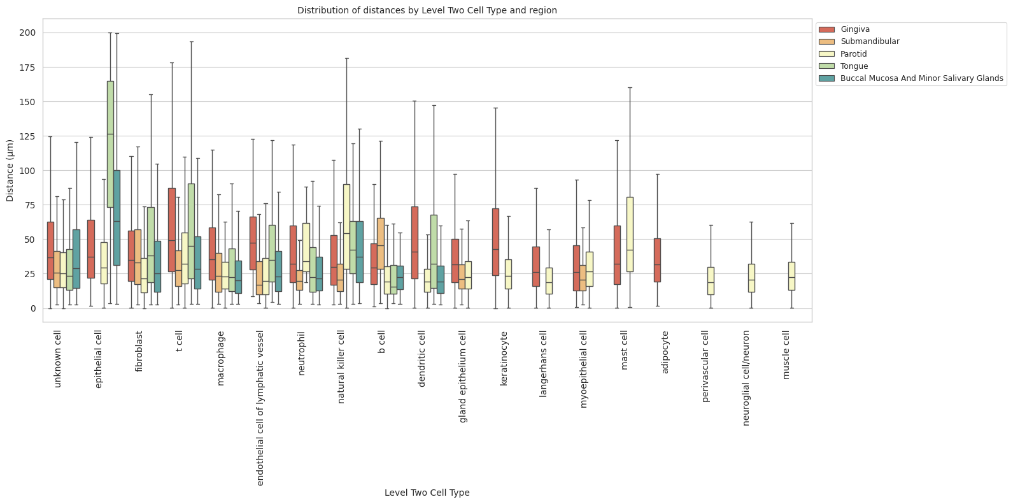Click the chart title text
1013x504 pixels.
point(427,10)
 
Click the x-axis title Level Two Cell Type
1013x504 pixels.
point(427,493)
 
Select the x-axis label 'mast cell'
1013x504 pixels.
point(625,350)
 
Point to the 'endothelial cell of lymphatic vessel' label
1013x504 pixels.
point(260,408)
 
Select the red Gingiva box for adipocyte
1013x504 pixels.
point(657,260)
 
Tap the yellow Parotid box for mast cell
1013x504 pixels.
point(630,234)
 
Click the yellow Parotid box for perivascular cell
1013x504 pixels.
point(711,280)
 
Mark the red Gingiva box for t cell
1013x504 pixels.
point(172,229)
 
